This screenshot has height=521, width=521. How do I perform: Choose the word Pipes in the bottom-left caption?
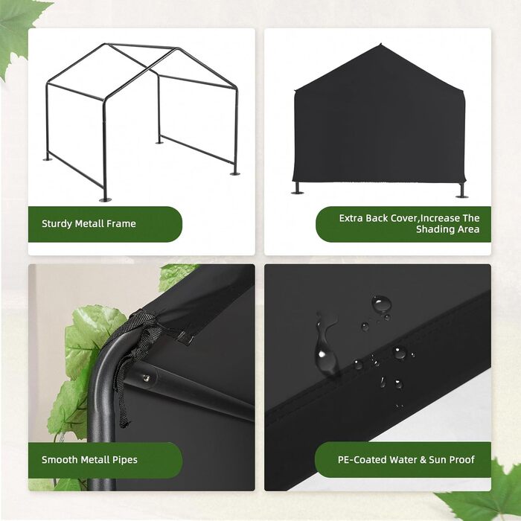[124, 460]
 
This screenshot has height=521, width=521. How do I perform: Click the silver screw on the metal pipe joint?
[145, 378]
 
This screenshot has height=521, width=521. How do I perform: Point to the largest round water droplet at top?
[381, 304]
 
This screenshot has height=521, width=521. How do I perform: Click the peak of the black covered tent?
[380, 44]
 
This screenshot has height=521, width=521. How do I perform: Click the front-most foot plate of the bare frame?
[106, 199]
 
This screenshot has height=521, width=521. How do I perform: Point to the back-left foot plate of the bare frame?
[48, 159]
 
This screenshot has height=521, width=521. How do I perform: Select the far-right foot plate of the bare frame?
[235, 173]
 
